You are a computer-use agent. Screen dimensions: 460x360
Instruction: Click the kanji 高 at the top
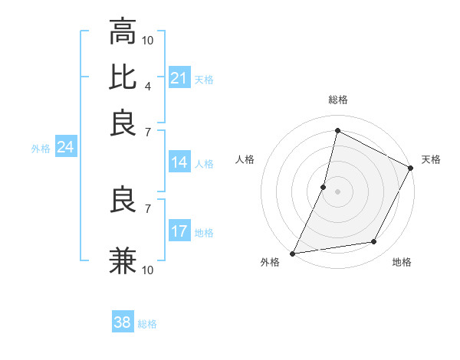coord(123,32)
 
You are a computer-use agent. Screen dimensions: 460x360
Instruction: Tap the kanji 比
coord(123,77)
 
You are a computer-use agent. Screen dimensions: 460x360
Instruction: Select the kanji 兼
coord(123,260)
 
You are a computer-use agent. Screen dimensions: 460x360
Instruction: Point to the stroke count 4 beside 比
coord(148,85)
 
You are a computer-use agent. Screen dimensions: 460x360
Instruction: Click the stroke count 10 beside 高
coord(148,40)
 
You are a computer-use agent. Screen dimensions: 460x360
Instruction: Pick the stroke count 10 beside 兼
coord(148,269)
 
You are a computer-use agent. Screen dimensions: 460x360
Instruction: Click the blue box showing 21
coord(179,78)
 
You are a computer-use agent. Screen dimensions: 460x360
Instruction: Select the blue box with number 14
coord(179,162)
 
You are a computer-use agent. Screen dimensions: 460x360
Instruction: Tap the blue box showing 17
coord(179,231)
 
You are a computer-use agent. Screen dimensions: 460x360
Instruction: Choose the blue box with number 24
coord(65,147)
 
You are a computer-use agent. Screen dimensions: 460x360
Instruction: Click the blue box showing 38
coord(123,322)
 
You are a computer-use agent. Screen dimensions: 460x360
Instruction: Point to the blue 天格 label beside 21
coord(204,79)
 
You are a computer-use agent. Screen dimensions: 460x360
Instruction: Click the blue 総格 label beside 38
coord(147,324)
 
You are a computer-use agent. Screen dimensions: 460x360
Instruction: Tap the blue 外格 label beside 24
coord(41,149)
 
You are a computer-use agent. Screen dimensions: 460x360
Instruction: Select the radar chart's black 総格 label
coord(338,100)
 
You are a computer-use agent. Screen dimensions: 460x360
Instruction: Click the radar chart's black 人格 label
coord(245,159)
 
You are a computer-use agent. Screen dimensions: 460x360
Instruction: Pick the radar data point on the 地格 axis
coord(374,242)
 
